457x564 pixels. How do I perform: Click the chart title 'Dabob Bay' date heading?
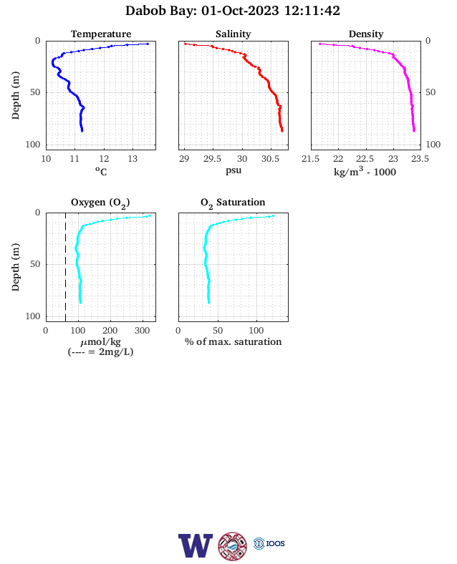point(233,11)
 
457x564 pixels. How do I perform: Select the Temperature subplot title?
point(101,34)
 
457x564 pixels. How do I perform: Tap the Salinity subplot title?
point(234,34)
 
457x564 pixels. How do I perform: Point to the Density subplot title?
point(366,34)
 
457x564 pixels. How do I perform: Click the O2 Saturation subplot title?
point(233,203)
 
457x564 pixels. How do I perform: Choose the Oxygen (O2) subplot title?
point(100,203)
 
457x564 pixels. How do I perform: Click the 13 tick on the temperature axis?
point(133,159)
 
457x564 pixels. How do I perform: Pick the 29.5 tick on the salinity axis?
point(212,159)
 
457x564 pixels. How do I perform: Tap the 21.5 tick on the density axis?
point(311,159)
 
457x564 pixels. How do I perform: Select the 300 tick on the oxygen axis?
point(142,331)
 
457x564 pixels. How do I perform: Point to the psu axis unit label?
point(234,170)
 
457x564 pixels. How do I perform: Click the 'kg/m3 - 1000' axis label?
point(365,171)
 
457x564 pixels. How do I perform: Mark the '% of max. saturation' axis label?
point(234,341)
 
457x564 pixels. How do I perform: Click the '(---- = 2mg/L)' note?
point(100,351)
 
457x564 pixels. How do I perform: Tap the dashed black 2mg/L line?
point(65,267)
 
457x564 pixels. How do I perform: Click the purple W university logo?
point(196,545)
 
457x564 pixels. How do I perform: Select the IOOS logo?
point(269,543)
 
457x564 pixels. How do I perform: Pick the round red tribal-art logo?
point(233,546)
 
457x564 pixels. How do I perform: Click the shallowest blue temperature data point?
point(147,44)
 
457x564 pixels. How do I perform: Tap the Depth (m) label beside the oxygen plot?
point(15,267)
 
